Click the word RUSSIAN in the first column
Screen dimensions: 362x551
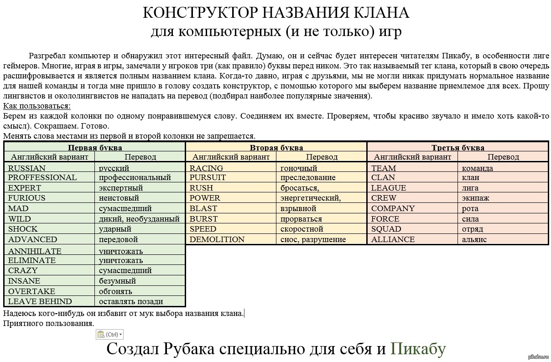[x=27, y=168]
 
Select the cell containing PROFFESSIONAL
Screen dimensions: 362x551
[x=42, y=177]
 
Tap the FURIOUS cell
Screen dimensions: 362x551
[x=27, y=198]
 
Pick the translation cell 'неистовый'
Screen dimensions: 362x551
[x=119, y=198]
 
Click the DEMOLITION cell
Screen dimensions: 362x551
[x=217, y=239]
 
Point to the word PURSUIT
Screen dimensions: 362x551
[x=208, y=177]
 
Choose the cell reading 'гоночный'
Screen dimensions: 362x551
[x=299, y=168]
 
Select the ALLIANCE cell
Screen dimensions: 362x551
[x=393, y=239]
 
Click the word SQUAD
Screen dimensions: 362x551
[x=386, y=229]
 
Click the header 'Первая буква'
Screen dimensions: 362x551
[x=95, y=147]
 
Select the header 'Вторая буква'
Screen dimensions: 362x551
[x=276, y=147]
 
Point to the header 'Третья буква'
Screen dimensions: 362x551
[x=458, y=147]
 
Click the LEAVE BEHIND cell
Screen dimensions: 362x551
[x=40, y=301]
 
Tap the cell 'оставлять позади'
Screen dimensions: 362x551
[x=131, y=301]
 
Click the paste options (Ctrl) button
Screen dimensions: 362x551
[x=109, y=334]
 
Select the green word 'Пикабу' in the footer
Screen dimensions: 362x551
[x=418, y=349]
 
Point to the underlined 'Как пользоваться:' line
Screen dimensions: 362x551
[x=36, y=106]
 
